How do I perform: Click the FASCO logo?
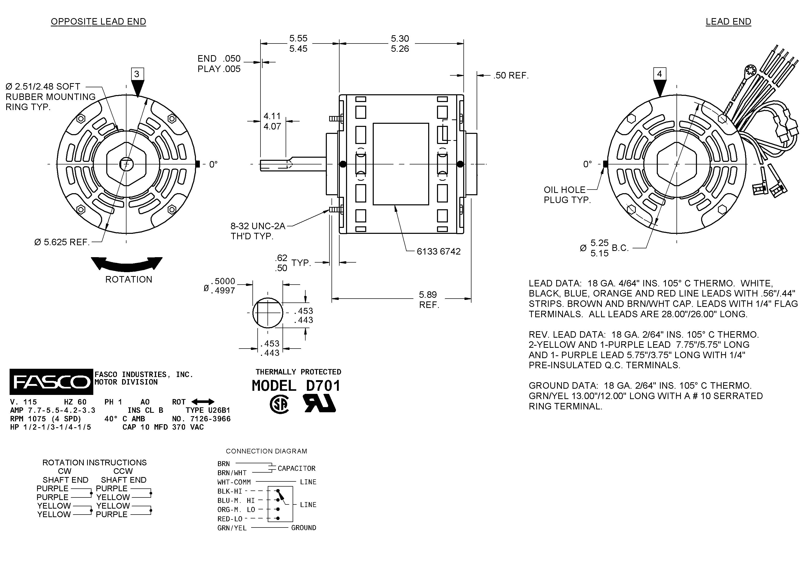click(x=51, y=382)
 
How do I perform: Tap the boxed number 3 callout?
click(x=137, y=74)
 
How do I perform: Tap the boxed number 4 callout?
click(x=659, y=74)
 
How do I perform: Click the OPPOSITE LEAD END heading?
click(x=98, y=21)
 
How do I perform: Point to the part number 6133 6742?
click(x=439, y=251)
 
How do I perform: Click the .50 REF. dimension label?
click(x=511, y=75)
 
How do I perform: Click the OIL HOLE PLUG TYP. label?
click(x=567, y=195)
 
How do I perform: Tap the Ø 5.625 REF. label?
click(x=62, y=242)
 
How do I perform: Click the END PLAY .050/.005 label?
click(x=219, y=64)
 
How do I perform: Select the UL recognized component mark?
click(x=320, y=403)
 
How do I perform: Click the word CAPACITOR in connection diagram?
click(x=296, y=468)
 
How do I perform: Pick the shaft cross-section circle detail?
click(x=268, y=313)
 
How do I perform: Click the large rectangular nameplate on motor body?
click(x=401, y=164)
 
